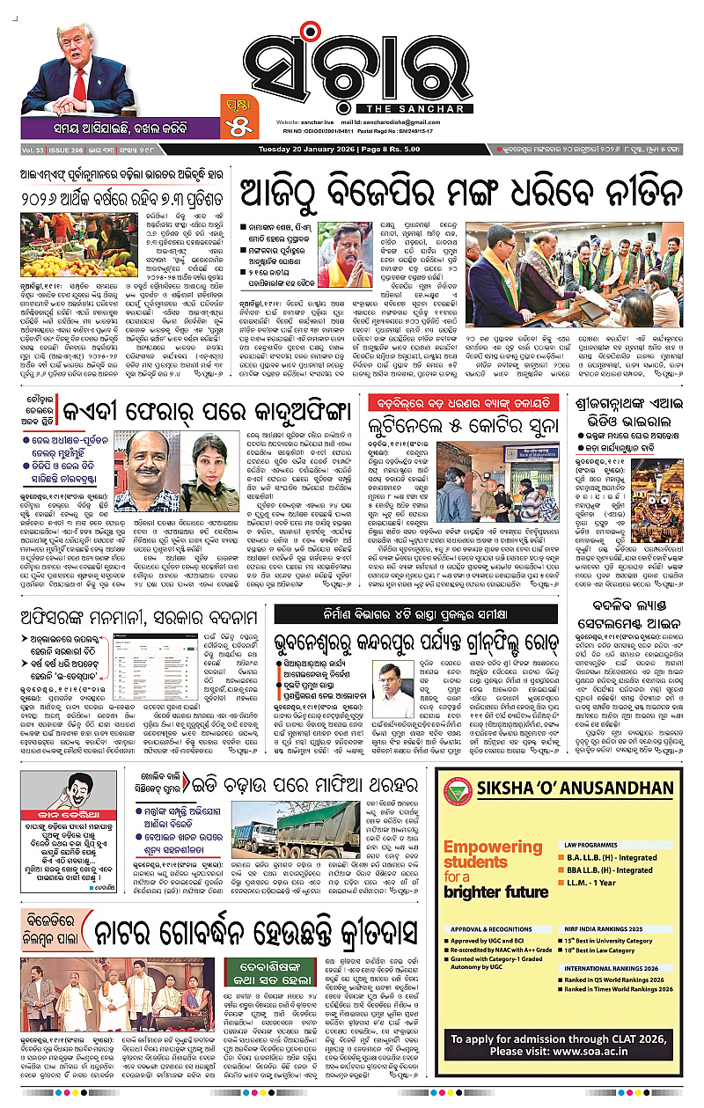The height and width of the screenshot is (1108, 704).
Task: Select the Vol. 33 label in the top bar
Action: [x=34, y=151]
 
